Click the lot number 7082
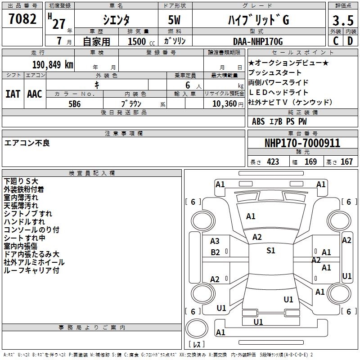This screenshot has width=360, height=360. [23, 19]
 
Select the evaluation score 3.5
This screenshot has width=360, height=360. [342, 20]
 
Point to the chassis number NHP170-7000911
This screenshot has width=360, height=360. [302, 143]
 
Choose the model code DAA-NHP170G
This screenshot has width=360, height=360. [258, 42]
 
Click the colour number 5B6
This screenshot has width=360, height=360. [75, 103]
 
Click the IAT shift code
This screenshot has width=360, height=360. [13, 94]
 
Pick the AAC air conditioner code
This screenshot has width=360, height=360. [35, 94]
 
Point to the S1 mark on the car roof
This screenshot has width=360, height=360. [270, 251]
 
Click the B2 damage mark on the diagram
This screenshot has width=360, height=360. [216, 252]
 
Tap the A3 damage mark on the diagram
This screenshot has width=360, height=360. [215, 241]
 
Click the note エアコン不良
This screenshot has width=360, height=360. [27, 143]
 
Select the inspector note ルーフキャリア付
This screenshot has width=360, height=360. [31, 270]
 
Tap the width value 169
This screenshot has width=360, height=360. [310, 162]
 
